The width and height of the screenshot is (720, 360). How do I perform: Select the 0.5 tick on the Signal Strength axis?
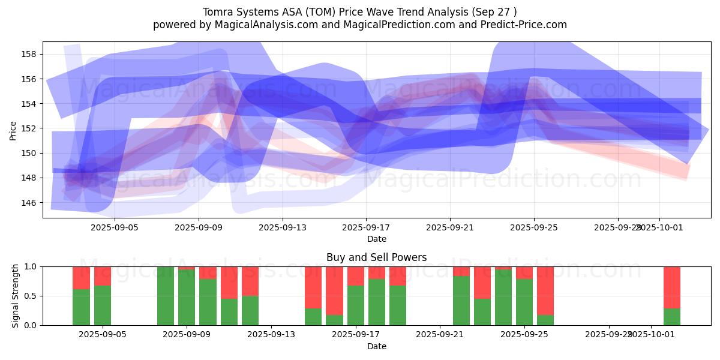point(30,296)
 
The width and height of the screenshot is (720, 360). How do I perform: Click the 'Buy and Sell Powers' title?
point(376,257)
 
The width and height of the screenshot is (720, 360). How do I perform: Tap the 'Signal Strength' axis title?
point(16,296)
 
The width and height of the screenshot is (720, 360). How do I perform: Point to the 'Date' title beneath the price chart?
point(376,239)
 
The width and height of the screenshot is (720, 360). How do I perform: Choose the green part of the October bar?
point(671,317)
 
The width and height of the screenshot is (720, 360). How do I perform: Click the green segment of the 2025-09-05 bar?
point(103,305)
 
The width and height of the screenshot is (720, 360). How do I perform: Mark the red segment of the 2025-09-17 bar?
point(356,275)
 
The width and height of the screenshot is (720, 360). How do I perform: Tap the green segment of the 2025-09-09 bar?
point(187,298)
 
